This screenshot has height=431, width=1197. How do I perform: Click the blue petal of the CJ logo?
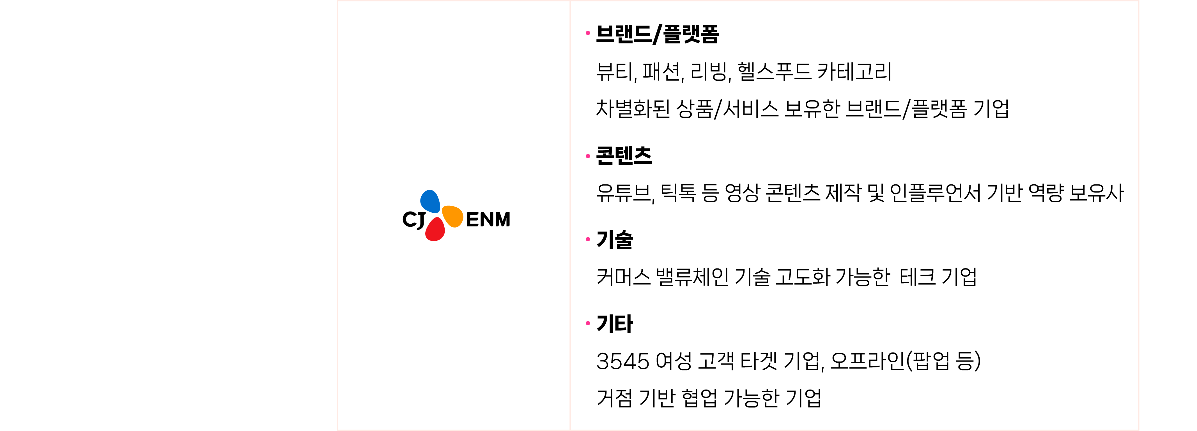tap(430, 201)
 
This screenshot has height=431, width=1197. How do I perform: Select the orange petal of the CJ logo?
tap(452, 216)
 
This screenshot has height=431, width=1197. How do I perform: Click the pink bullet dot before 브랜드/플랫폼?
tap(588, 33)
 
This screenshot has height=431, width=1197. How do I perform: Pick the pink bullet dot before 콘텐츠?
tap(588, 156)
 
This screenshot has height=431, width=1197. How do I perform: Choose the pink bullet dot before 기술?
tap(588, 239)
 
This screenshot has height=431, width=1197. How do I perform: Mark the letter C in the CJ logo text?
tap(409, 219)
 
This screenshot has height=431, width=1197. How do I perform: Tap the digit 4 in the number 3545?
tap(629, 361)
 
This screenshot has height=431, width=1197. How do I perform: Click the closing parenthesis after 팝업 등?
tap(977, 361)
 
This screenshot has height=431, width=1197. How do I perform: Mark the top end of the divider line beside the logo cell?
tap(570, 1)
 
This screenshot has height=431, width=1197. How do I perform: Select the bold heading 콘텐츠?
tap(624, 156)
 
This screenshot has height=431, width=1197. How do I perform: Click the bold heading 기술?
tap(614, 239)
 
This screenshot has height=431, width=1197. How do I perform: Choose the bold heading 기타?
tap(614, 323)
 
